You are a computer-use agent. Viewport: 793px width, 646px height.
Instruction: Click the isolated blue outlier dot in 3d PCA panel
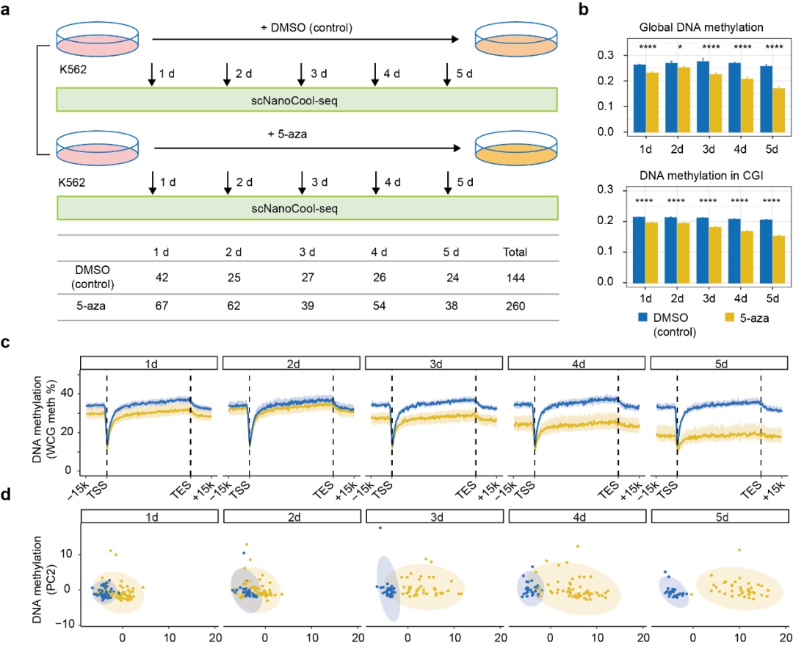pyautogui.click(x=380, y=528)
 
